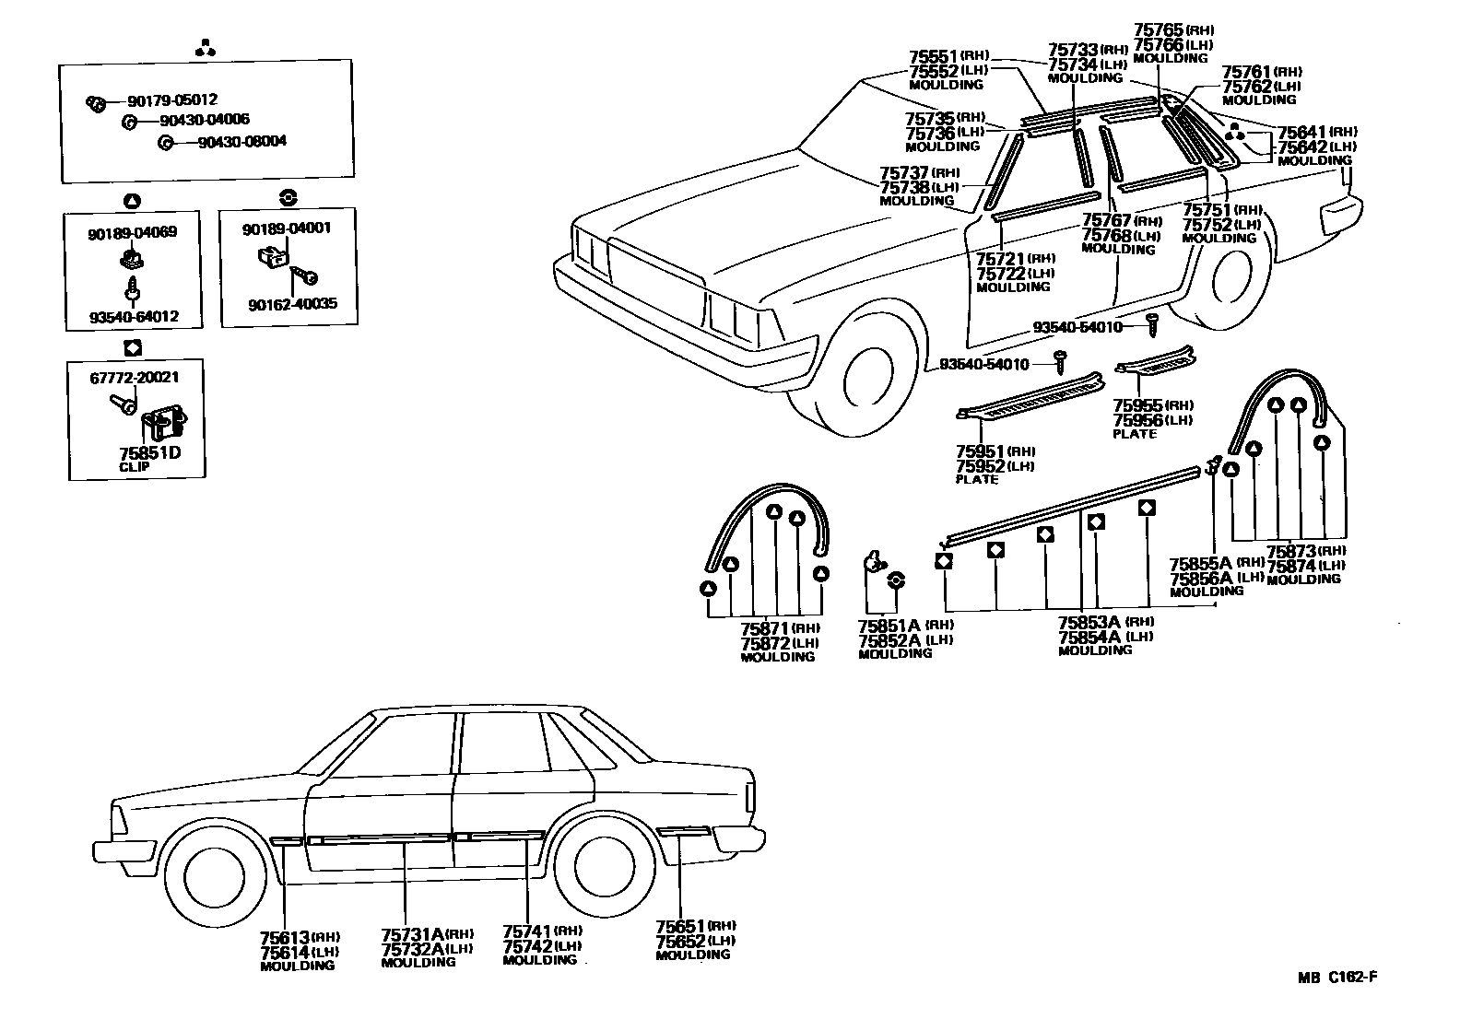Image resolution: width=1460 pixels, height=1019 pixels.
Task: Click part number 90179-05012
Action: pyautogui.click(x=172, y=100)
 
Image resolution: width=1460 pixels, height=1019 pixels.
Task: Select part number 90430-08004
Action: pyautogui.click(x=242, y=142)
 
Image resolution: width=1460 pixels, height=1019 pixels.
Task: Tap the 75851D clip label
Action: pyautogui.click(x=149, y=454)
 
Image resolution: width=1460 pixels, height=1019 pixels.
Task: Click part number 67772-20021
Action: pyautogui.click(x=134, y=377)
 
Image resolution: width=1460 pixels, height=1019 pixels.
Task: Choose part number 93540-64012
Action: pyautogui.click(x=134, y=317)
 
